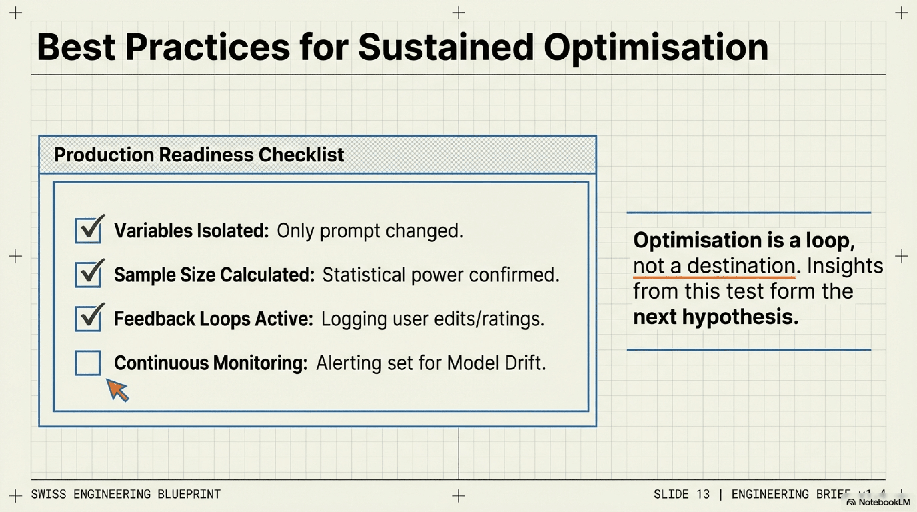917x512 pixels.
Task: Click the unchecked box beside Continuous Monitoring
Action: [x=88, y=363]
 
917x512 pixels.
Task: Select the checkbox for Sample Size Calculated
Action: [x=88, y=274]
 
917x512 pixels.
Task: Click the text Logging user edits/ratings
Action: [x=432, y=319]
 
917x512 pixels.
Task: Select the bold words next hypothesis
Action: [x=716, y=316]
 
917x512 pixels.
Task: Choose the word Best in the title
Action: [x=76, y=47]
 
